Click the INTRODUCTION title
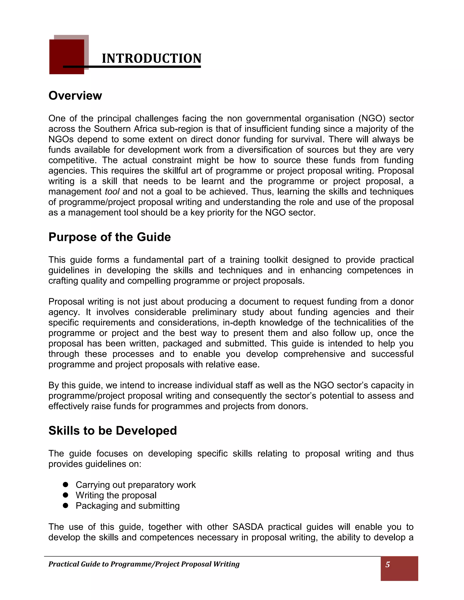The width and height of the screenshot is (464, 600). pyautogui.click(x=152, y=58)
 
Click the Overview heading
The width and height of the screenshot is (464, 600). pyautogui.click(x=75, y=96)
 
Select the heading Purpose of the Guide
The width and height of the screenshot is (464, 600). pyautogui.click(x=109, y=237)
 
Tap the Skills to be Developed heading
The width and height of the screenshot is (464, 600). pyautogui.click(x=112, y=430)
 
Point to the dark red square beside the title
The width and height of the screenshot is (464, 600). pyautogui.click(x=67, y=57)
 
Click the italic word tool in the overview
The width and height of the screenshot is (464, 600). pyautogui.click(x=112, y=192)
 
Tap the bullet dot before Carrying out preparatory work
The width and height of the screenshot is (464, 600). pyautogui.click(x=65, y=484)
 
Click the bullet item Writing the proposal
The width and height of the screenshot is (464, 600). pyautogui.click(x=116, y=495)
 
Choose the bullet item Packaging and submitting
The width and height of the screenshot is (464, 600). pyautogui.click(x=128, y=506)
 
